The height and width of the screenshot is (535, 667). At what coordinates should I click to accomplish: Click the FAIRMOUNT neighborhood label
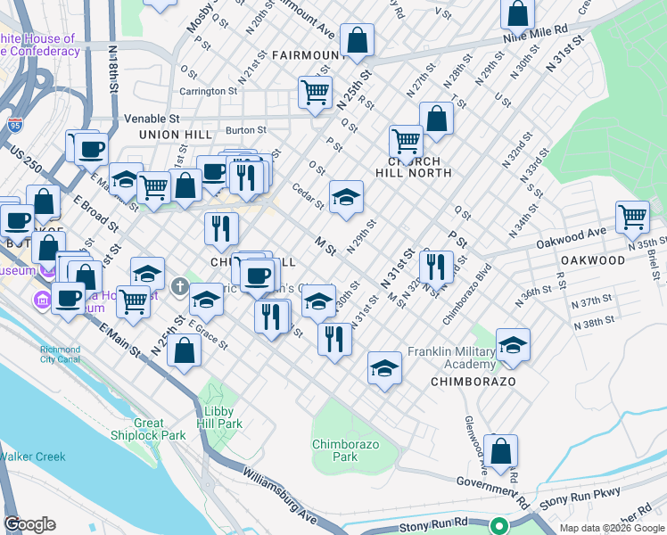(x=308, y=55)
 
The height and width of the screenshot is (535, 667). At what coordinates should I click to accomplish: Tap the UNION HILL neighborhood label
(x=176, y=135)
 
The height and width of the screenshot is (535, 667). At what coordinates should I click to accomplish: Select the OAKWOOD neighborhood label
(x=593, y=260)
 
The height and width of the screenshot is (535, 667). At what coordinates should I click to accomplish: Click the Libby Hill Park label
(x=219, y=418)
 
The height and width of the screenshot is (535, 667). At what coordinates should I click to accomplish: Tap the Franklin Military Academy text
(x=450, y=358)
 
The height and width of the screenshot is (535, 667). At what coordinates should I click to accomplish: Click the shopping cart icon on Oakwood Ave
(x=632, y=216)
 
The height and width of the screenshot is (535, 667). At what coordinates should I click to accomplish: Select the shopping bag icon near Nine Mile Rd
(x=518, y=13)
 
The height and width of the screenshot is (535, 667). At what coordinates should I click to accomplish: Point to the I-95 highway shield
(x=14, y=126)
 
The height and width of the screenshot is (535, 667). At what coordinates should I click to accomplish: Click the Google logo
(x=29, y=524)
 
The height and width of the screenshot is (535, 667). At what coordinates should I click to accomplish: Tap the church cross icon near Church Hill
(x=179, y=288)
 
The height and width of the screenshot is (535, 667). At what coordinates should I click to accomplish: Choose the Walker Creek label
(x=33, y=457)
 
